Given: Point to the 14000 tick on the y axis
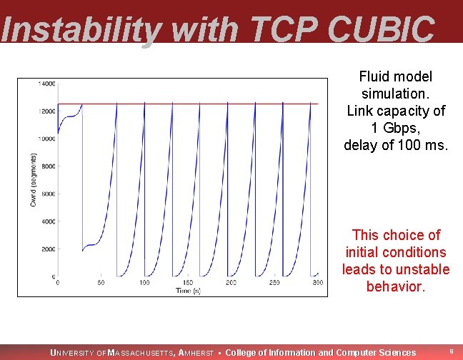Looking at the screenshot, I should tap(46, 84).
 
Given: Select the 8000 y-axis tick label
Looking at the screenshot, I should tap(48, 166).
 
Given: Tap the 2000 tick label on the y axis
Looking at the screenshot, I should tap(48, 249).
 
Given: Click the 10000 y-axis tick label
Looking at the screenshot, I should tap(46, 139).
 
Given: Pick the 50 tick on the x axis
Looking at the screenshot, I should tap(101, 284).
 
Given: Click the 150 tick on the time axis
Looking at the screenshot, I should tap(187, 284).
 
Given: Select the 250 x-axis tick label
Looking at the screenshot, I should tap(274, 284).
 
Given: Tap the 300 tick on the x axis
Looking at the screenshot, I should tap(317, 284).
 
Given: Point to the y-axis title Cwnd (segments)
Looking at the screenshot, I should tap(33, 180).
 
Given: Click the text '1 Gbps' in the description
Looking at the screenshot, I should tap(395, 128).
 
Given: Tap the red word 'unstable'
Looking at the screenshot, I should tap(422, 270).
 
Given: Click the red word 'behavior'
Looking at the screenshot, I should tap(395, 287).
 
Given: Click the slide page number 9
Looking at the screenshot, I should tap(451, 351).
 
